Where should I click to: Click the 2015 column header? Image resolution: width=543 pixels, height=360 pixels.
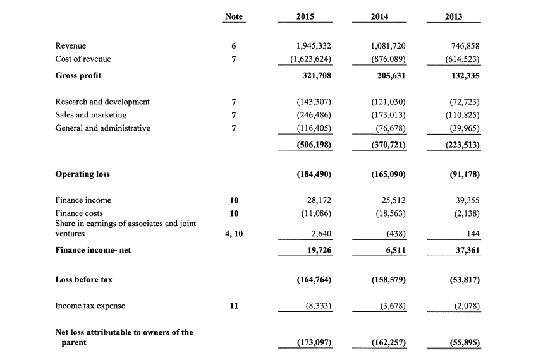point(306,16)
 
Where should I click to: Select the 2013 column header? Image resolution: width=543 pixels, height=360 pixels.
point(453,16)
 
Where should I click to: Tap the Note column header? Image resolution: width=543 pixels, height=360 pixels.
point(233,16)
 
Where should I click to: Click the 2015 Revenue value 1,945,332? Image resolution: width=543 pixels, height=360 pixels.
point(314,46)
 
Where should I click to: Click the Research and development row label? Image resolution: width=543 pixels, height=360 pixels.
point(102,102)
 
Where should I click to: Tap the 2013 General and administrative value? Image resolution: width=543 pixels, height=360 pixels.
point(461,128)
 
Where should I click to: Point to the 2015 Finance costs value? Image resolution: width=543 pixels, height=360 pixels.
point(315,213)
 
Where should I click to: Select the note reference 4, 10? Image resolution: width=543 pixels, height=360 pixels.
point(233,234)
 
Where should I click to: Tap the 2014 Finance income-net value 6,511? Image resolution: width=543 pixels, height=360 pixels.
point(393,251)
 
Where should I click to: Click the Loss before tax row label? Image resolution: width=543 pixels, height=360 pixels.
point(84,279)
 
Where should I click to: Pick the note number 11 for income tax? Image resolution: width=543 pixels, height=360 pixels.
point(233,306)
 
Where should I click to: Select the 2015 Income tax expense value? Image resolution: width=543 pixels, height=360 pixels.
point(317,306)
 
